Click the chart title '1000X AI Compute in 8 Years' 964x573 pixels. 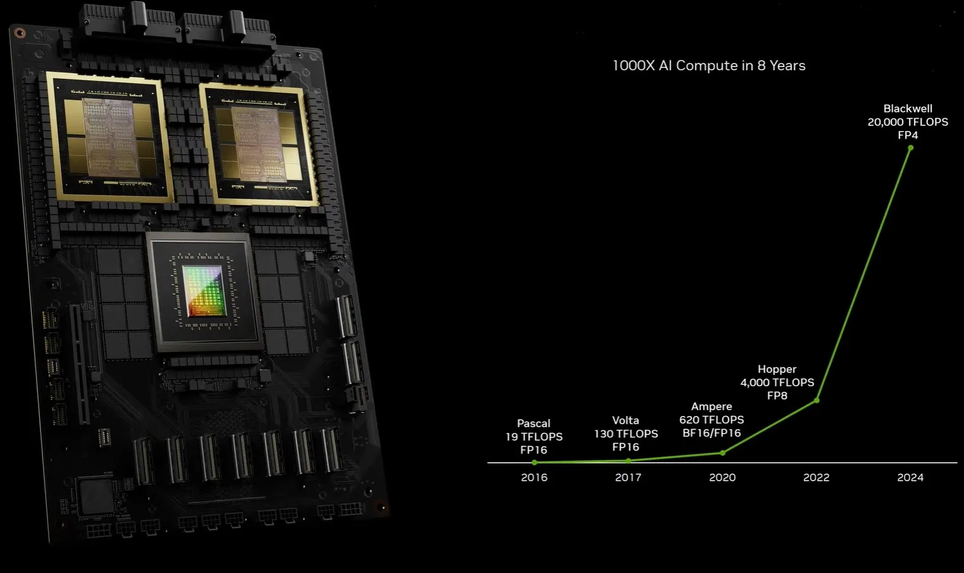coord(709,65)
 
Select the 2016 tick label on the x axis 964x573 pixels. coord(534,477)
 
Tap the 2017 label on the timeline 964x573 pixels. coord(628,477)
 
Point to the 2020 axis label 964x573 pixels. coord(722,477)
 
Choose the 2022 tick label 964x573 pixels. coord(816,477)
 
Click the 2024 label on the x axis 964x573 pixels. coord(910,477)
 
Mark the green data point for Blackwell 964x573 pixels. coord(911,148)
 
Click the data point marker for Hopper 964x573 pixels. coord(817,401)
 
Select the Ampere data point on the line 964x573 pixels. coord(723,453)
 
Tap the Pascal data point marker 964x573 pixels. coord(535,462)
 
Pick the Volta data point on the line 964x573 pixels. coord(629,461)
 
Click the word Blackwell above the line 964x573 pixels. coord(908,108)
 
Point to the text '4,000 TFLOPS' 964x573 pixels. coord(777,382)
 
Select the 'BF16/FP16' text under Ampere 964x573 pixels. coord(712,433)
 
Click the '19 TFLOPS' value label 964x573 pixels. coord(534,437)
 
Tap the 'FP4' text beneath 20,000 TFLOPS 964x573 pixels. coord(908,135)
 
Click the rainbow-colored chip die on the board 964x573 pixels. coord(204,291)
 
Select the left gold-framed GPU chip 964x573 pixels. coord(110,137)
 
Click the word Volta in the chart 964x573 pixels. coord(626,420)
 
